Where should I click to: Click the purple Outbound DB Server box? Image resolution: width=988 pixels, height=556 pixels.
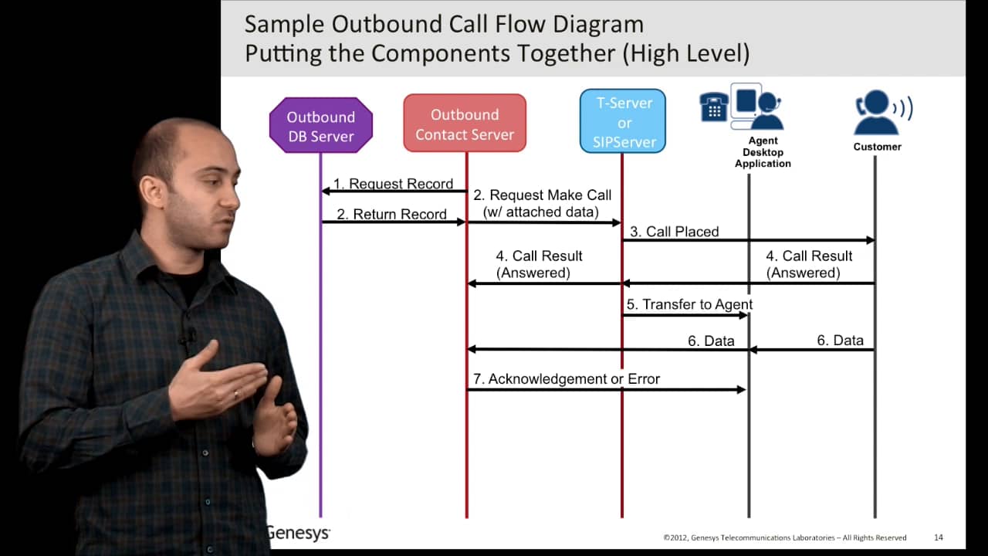321,126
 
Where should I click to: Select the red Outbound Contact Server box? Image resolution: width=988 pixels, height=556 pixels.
465,124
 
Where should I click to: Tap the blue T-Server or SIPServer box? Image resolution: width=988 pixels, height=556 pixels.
624,122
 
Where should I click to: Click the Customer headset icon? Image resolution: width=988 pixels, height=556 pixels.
881,113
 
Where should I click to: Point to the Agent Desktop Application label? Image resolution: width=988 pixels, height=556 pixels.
763,152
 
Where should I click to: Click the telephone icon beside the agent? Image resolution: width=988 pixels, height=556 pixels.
713,107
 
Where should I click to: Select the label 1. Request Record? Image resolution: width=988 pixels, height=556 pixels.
393,184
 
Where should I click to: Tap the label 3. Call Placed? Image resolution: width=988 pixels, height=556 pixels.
674,232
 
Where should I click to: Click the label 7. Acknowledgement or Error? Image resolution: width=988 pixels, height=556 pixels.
566,378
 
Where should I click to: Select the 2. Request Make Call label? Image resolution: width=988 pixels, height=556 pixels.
542,203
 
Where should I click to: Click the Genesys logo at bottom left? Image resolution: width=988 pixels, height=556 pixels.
299,533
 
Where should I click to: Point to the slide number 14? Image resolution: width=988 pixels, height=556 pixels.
939,537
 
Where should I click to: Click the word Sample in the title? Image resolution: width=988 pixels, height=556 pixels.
285,25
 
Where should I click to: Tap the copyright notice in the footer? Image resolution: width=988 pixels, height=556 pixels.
784,537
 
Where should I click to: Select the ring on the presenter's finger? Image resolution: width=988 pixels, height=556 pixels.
236,394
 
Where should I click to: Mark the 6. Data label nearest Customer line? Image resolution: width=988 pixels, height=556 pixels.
840,340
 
